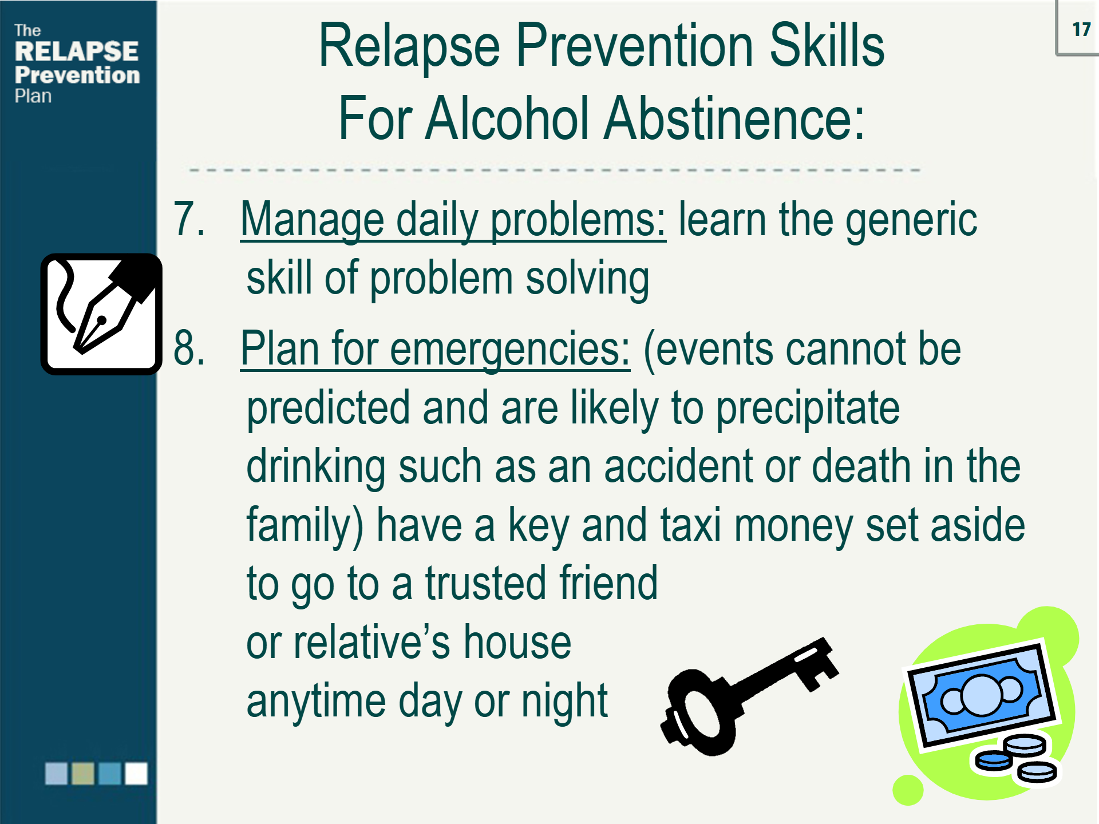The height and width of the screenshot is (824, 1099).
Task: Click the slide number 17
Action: (1081, 29)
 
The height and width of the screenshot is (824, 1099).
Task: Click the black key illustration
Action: (744, 695)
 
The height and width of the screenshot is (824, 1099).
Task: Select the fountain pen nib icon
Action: (101, 314)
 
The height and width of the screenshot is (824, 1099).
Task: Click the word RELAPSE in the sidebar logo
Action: (76, 51)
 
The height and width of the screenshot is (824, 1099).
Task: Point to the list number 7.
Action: (188, 219)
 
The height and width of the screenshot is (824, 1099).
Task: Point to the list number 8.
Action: (189, 347)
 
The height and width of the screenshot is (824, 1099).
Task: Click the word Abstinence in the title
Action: (734, 118)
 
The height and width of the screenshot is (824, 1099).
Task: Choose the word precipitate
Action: (808, 408)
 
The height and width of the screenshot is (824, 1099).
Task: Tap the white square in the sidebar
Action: (136, 774)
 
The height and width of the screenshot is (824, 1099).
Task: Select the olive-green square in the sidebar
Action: (82, 774)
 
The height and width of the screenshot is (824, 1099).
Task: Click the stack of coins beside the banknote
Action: (1017, 758)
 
